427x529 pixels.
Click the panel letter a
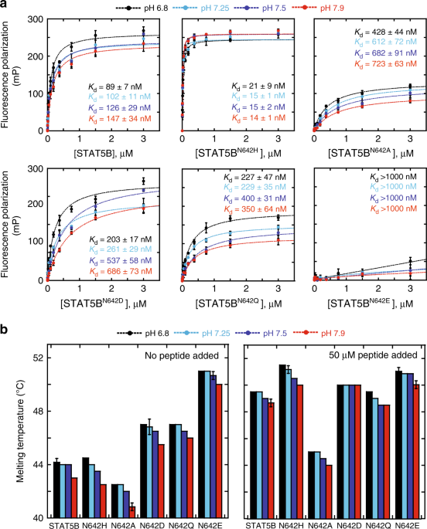[x=5, y=5]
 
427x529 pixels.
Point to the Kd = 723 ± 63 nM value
[x=376, y=59]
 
